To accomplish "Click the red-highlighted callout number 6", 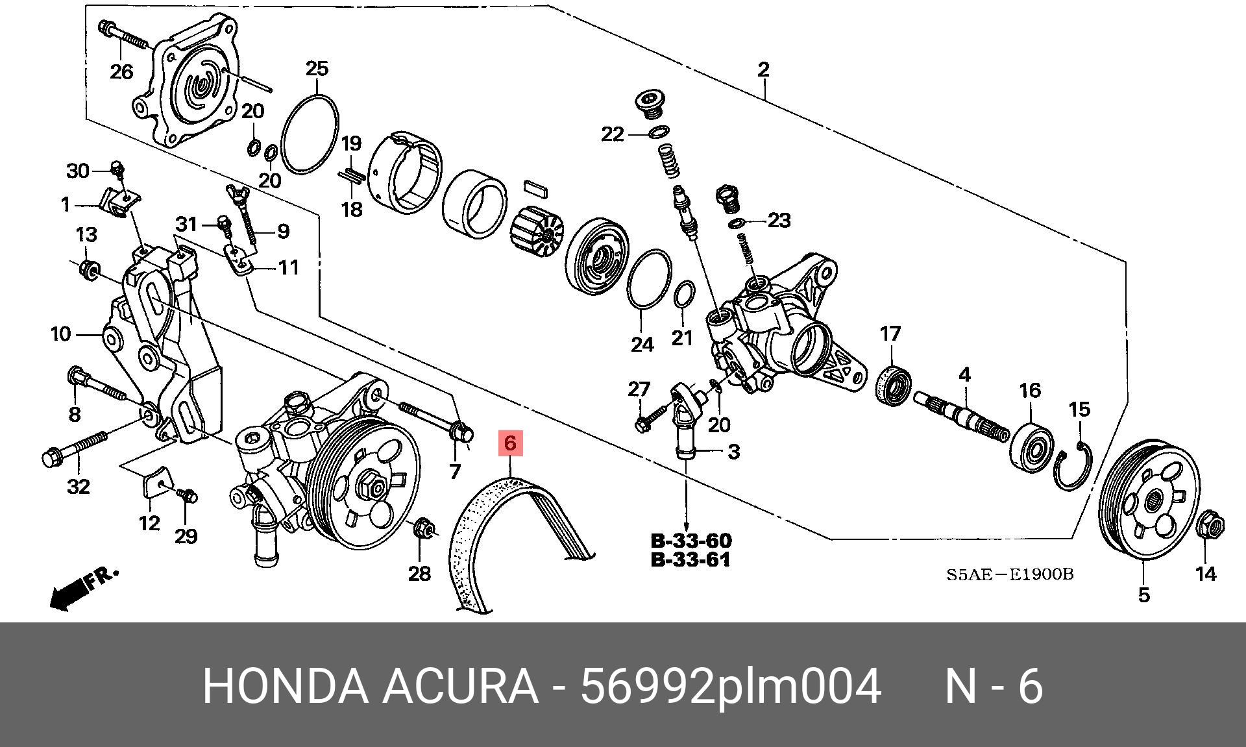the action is click(510, 444).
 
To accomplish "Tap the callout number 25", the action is click(317, 68).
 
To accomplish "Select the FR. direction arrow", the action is click(83, 589).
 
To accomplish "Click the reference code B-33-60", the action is click(690, 541).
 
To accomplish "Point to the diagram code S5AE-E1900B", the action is click(1010, 574).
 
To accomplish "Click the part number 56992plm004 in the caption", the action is click(730, 685).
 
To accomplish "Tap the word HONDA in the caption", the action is click(284, 685).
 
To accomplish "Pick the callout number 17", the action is click(890, 334).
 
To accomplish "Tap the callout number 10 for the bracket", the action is click(60, 334).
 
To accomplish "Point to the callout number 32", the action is click(79, 486).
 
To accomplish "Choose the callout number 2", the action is click(763, 69).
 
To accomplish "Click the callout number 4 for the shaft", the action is click(964, 374).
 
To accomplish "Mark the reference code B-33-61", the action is click(690, 559).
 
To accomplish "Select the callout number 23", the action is click(779, 221).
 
